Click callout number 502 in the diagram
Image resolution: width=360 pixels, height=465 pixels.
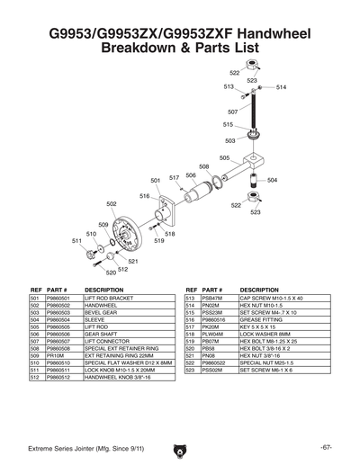tap(112, 203)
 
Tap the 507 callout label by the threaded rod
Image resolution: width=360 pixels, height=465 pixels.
tap(233, 112)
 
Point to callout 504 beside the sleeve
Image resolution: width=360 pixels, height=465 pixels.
tap(272, 181)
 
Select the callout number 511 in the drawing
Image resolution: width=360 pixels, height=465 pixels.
tap(76, 241)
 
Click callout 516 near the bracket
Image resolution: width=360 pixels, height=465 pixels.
tap(144, 195)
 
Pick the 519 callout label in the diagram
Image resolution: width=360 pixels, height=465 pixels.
tap(159, 241)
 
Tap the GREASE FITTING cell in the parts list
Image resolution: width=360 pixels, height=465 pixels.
tap(263, 318)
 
